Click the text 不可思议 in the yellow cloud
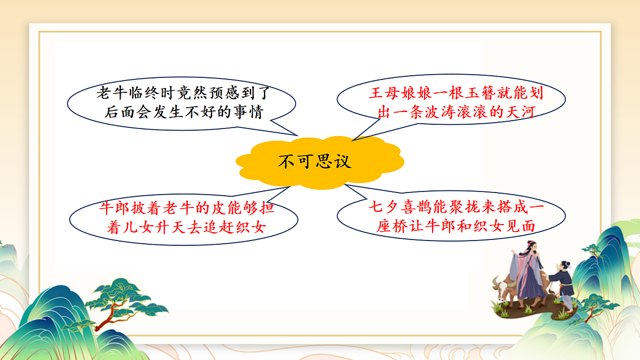[x=315, y=161]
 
